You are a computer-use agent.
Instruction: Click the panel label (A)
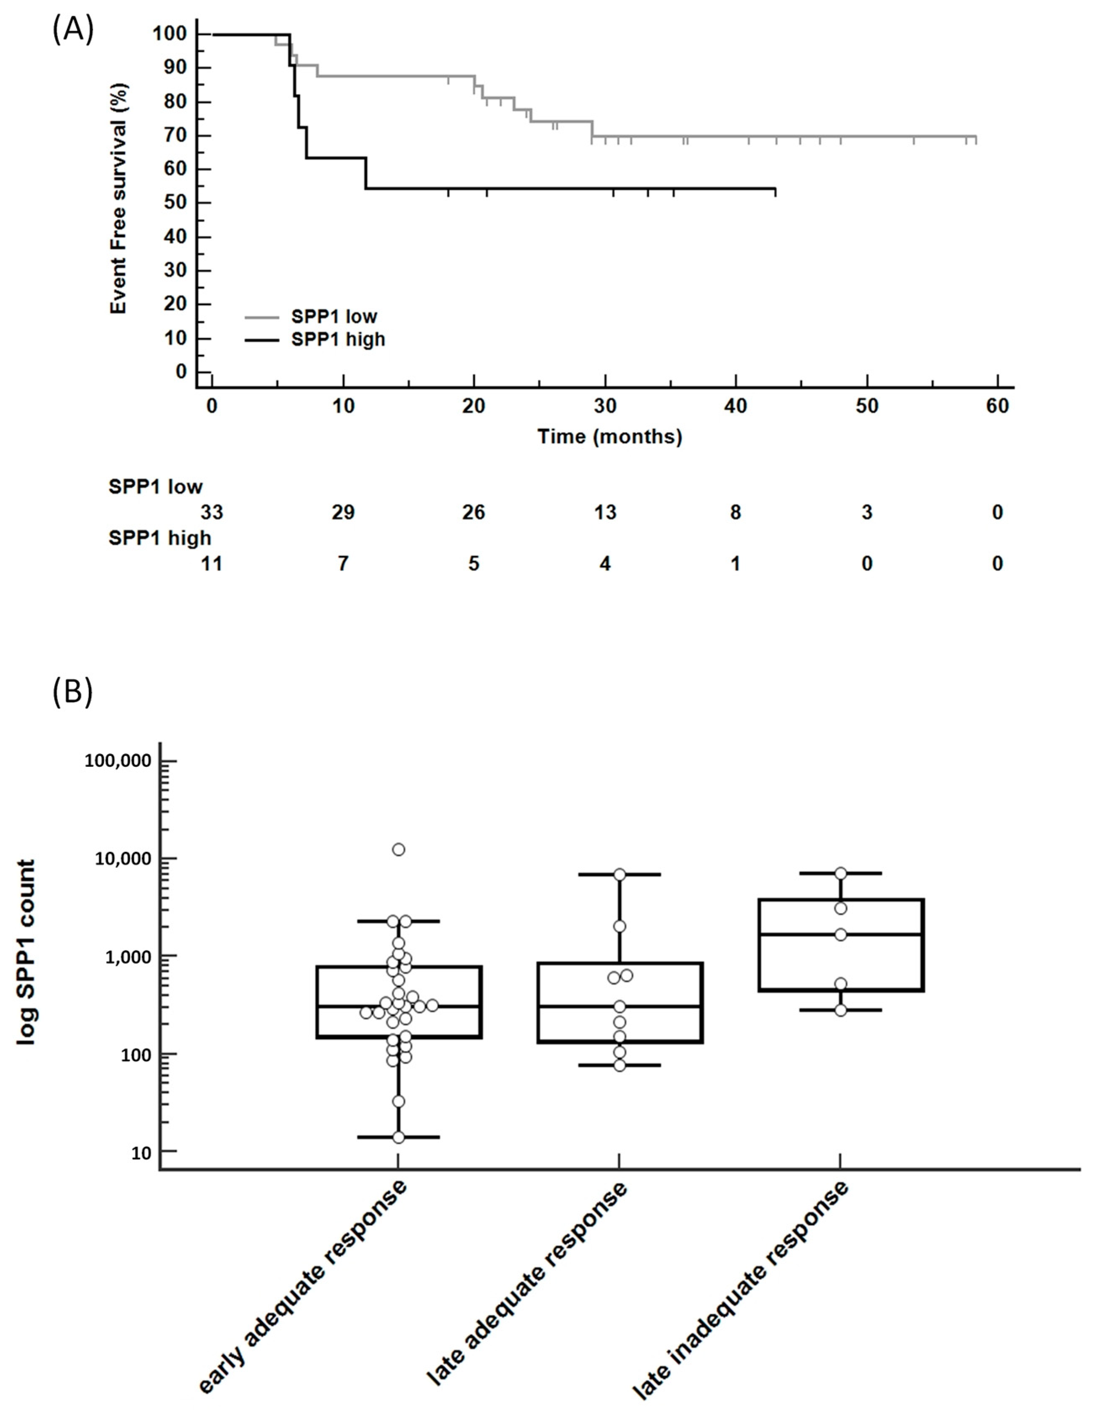click(73, 30)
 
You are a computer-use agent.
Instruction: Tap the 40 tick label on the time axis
click(736, 407)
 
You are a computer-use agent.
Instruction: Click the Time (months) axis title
click(609, 436)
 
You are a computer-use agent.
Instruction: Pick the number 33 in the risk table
click(212, 513)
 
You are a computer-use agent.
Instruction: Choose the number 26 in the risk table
click(474, 513)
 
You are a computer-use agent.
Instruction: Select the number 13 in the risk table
click(605, 513)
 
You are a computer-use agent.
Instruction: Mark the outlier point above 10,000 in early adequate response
click(398, 849)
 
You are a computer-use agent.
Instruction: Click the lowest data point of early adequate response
click(398, 1137)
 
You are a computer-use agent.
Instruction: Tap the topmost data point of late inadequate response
click(840, 873)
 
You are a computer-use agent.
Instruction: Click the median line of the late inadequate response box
click(840, 934)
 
